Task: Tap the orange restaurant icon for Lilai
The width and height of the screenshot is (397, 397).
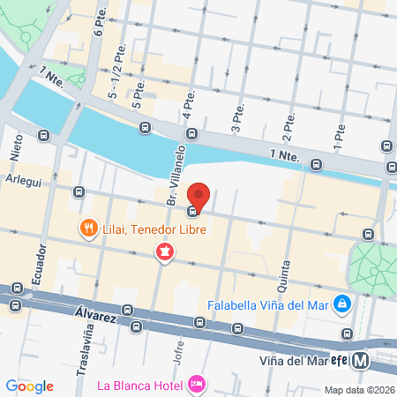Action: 88,229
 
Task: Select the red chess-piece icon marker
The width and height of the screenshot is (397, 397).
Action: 163,254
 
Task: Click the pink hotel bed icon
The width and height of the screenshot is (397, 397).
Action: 196,384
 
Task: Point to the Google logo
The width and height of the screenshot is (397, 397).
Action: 30,386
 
